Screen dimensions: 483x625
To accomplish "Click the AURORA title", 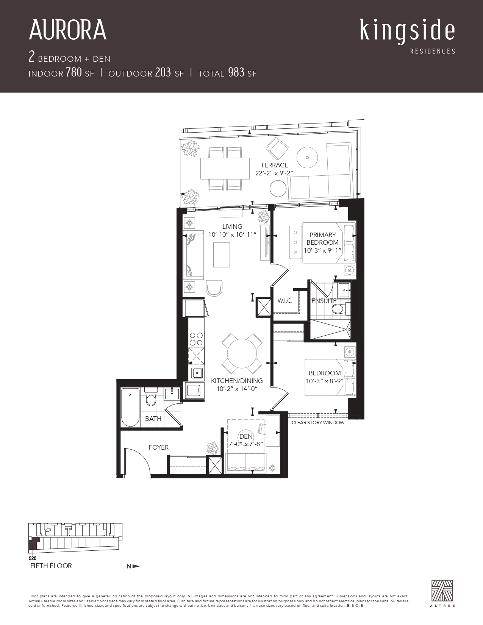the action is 68,30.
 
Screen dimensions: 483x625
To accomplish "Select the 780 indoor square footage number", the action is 74,72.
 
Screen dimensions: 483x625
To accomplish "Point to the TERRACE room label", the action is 274,165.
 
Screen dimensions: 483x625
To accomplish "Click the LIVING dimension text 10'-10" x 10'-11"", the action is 232,234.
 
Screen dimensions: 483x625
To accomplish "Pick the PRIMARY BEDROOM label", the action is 322,238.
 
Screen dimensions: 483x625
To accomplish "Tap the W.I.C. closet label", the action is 285,301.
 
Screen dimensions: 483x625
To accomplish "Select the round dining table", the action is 242,353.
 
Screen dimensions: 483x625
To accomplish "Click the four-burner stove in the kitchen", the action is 196,339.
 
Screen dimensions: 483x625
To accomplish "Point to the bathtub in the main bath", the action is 130,407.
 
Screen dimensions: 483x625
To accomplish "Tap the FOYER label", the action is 158,447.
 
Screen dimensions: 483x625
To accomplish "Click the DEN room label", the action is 246,436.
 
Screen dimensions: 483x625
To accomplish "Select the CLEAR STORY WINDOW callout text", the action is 318,422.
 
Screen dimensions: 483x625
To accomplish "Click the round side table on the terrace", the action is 278,188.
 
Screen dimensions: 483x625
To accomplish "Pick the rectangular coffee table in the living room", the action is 222,255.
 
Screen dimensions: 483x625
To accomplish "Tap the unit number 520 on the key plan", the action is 33,558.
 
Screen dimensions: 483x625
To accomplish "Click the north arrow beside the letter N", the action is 136,566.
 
